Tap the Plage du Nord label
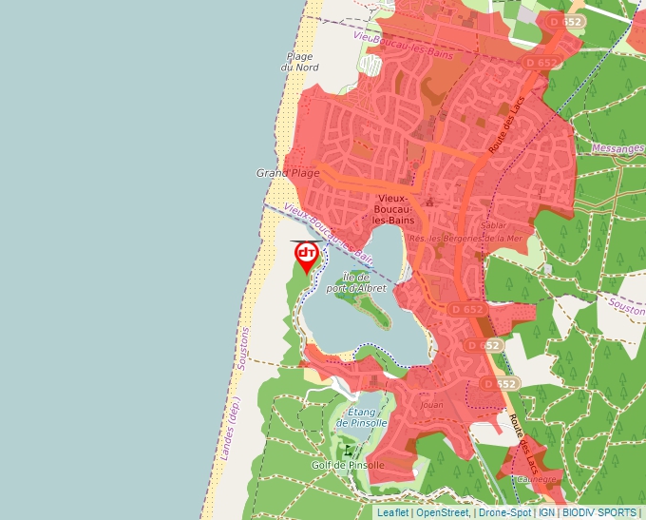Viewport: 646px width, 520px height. pyautogui.click(x=298, y=62)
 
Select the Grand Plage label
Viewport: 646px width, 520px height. pyautogui.click(x=287, y=173)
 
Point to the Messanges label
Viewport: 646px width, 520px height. pyautogui.click(x=617, y=148)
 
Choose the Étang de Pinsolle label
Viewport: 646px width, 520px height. pyautogui.click(x=362, y=416)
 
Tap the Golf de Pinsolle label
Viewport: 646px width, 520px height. pyautogui.click(x=348, y=465)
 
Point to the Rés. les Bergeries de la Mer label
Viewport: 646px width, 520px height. pyautogui.click(x=465, y=239)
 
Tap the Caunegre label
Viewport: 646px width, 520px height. pyautogui.click(x=537, y=478)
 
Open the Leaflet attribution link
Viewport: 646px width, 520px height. pyautogui.click(x=392, y=512)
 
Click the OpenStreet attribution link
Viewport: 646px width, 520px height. pyautogui.click(x=442, y=512)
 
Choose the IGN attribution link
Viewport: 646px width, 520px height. pyautogui.click(x=546, y=512)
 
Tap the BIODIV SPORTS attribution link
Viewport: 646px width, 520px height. pyautogui.click(x=599, y=512)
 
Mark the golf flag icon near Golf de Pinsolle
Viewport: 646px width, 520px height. pyautogui.click(x=349, y=450)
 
